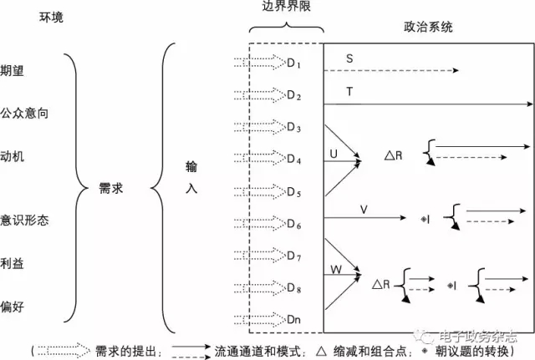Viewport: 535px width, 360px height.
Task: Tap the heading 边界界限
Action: tap(285, 8)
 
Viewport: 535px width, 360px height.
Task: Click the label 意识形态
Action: tap(23, 221)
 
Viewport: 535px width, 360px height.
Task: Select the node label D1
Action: tap(293, 64)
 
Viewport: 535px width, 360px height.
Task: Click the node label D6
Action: tap(293, 224)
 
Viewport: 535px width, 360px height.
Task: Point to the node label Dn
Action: tap(293, 319)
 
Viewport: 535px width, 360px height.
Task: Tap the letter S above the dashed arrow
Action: tap(349, 59)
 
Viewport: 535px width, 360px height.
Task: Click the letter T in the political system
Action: tap(349, 91)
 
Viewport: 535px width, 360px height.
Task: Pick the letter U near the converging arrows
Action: tap(334, 155)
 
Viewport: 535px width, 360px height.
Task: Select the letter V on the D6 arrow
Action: tap(363, 207)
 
